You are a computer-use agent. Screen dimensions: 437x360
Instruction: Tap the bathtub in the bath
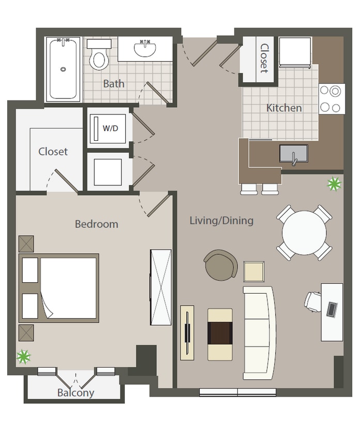click(63, 68)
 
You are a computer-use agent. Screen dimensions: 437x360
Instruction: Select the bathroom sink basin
click(145, 49)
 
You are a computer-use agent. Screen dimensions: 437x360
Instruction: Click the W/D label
click(109, 128)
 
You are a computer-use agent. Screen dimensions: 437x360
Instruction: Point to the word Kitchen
click(284, 108)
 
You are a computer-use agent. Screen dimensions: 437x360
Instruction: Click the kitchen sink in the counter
click(293, 154)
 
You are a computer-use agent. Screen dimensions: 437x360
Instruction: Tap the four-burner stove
click(331, 99)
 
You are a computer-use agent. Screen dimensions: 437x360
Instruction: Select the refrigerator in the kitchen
click(295, 52)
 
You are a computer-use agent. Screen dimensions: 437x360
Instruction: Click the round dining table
click(304, 232)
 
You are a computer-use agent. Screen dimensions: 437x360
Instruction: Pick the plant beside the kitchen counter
click(334, 183)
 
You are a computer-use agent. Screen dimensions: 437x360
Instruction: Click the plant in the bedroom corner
click(23, 356)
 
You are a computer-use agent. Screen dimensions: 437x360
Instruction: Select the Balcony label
click(76, 392)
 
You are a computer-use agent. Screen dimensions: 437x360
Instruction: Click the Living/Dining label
click(221, 221)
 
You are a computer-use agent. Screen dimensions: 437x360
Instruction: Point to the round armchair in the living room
click(221, 265)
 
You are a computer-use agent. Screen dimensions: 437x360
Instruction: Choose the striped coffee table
click(220, 334)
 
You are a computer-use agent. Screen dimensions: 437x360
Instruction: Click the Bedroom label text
click(96, 224)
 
